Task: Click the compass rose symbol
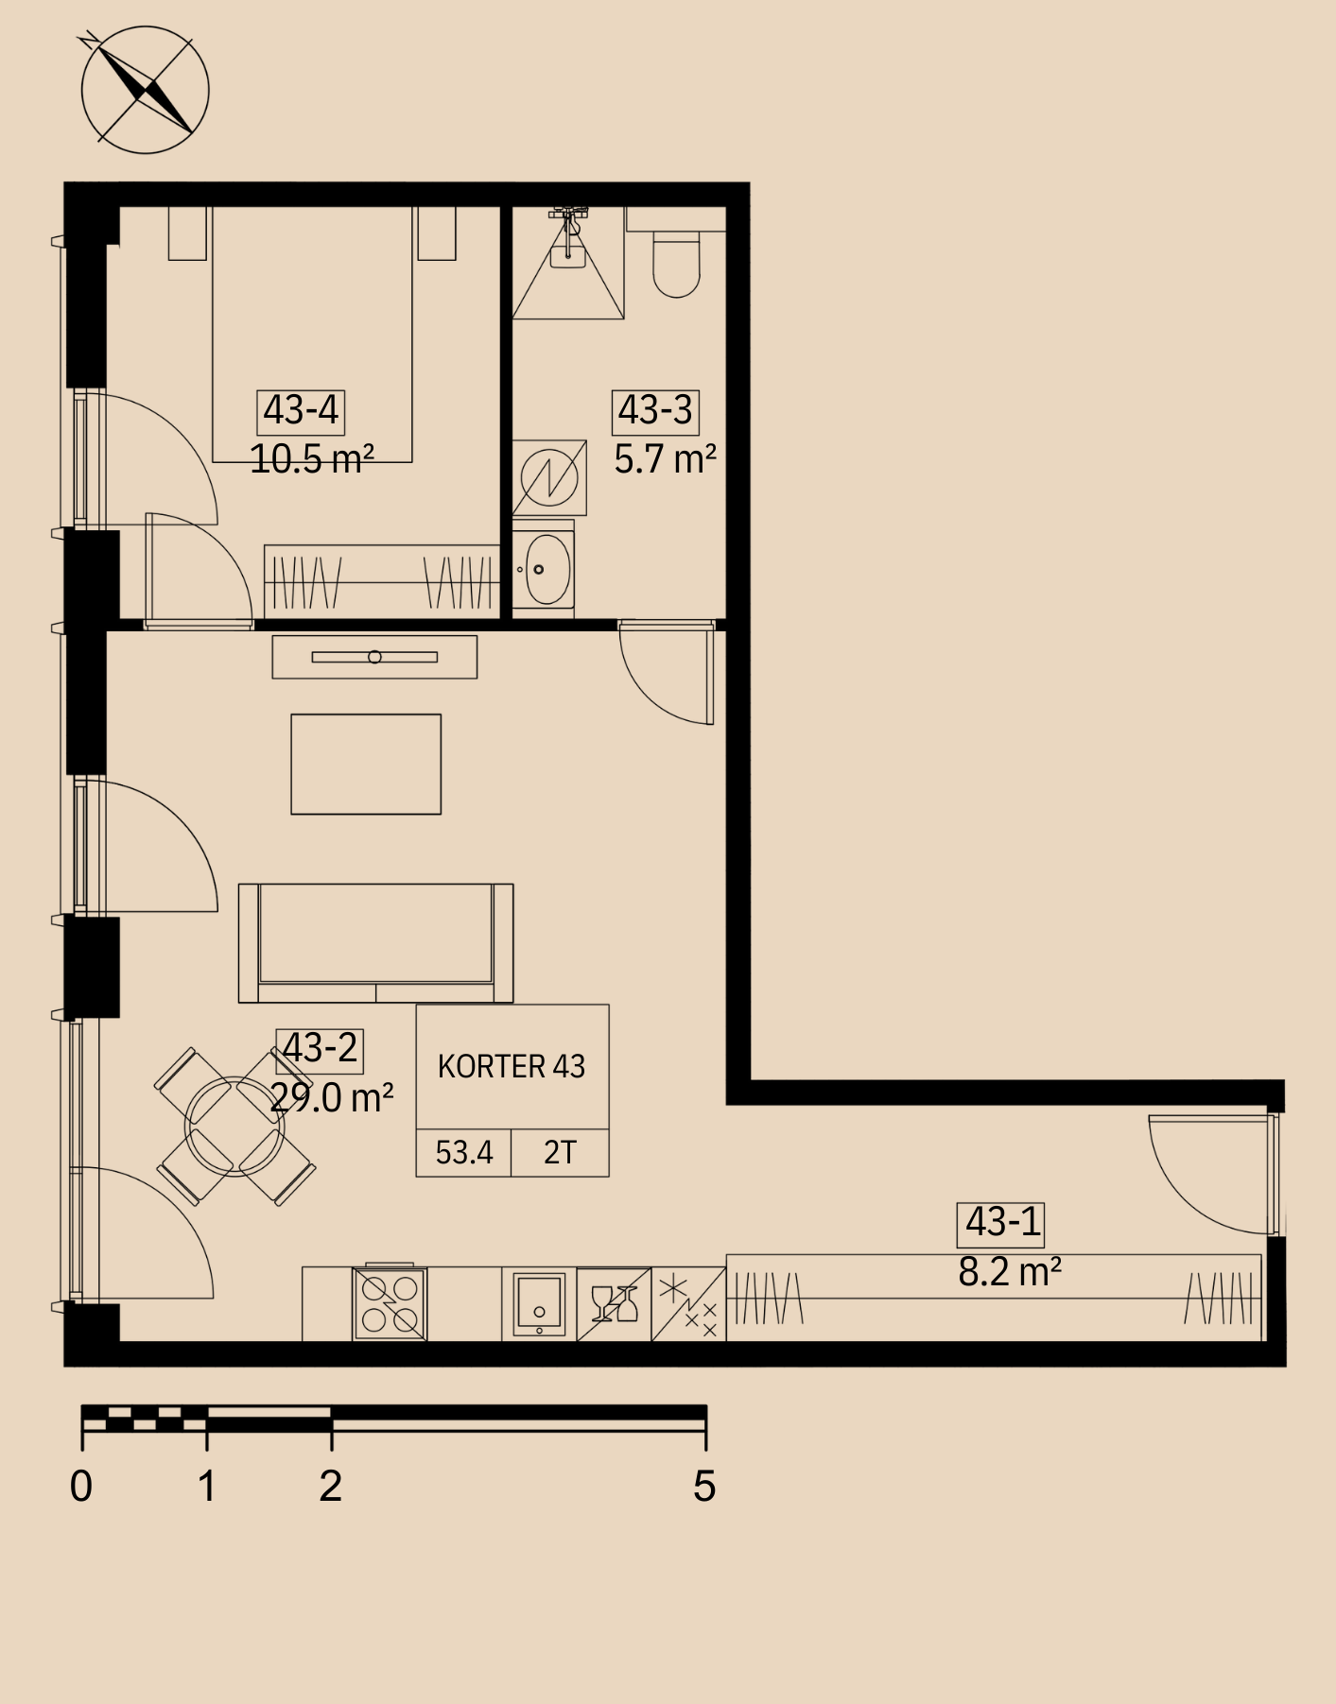145,90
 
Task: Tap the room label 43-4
301,410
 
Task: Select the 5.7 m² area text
665,459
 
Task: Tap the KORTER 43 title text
512,1066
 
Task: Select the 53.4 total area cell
464,1152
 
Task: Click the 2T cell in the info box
560,1152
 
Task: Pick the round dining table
234,1126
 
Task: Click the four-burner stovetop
390,1303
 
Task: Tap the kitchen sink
539,1304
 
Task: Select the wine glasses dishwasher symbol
614,1304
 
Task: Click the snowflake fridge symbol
688,1304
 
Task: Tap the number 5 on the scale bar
704,1487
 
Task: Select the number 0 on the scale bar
81,1487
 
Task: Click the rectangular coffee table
366,764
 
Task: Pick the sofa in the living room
375,943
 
